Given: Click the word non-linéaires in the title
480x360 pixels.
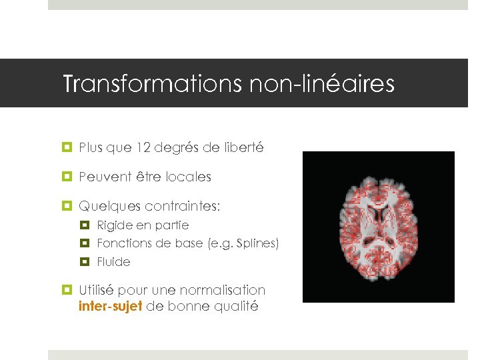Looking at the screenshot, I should [322, 85].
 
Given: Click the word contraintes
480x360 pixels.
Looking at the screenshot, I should [178, 207].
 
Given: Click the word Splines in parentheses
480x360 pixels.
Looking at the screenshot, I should [255, 243].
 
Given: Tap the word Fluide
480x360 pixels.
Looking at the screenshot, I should [113, 262].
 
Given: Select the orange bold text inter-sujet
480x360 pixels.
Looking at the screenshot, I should [110, 307].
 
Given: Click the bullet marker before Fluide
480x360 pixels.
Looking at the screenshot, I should [85, 262].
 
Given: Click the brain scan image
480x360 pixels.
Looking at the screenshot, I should [378, 227].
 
